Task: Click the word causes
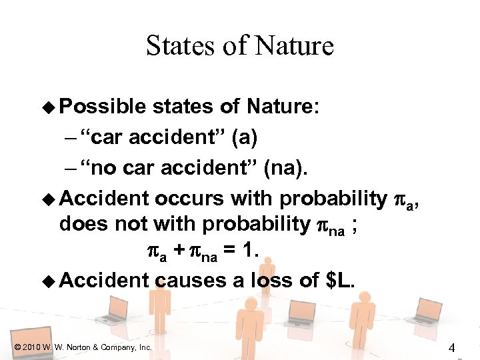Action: point(191,280)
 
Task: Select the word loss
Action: point(270,280)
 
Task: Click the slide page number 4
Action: point(452,347)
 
